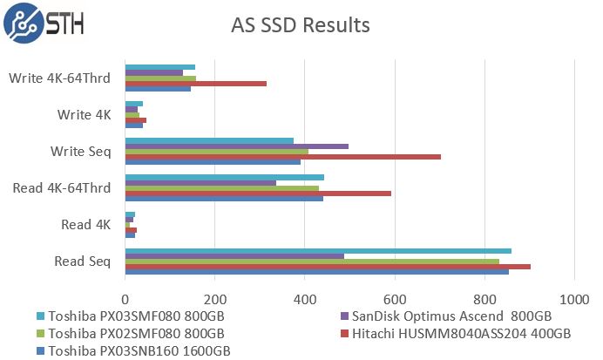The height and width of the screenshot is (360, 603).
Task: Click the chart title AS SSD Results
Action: click(x=301, y=25)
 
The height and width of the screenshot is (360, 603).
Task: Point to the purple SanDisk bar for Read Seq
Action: click(x=234, y=256)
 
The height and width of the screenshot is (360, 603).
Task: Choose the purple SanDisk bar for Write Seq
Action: click(x=236, y=146)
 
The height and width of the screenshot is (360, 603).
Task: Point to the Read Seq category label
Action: click(x=83, y=261)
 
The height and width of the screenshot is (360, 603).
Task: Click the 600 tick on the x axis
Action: click(x=394, y=296)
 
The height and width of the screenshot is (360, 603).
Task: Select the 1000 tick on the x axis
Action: click(x=573, y=296)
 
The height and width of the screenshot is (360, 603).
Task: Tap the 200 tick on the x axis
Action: click(x=214, y=296)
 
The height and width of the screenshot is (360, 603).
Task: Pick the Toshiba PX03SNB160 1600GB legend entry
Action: click(x=139, y=350)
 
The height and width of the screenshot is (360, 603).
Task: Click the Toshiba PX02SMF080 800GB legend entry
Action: click(x=136, y=334)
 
